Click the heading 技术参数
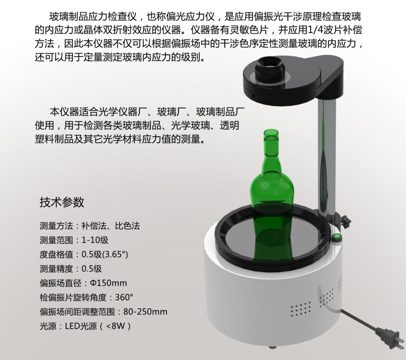[62, 202]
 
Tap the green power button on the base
[337, 237]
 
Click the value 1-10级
[95, 240]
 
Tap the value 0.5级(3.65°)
[105, 255]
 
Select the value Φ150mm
[108, 283]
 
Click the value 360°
[124, 297]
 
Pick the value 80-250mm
[145, 311]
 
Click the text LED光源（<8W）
[98, 326]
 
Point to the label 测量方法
[56, 226]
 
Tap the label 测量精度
[56, 269]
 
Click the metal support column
[327, 155]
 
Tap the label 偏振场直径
[60, 283]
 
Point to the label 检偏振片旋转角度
[73, 297]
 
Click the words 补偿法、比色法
[111, 226]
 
